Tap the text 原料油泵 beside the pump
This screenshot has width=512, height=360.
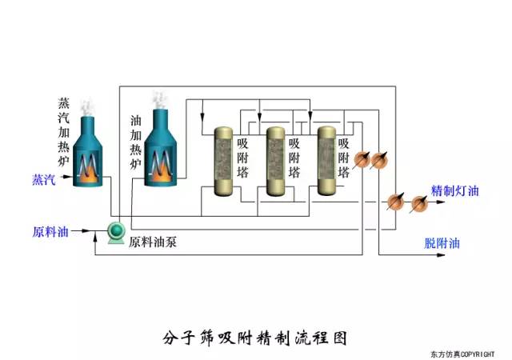pyautogui.click(x=152, y=241)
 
